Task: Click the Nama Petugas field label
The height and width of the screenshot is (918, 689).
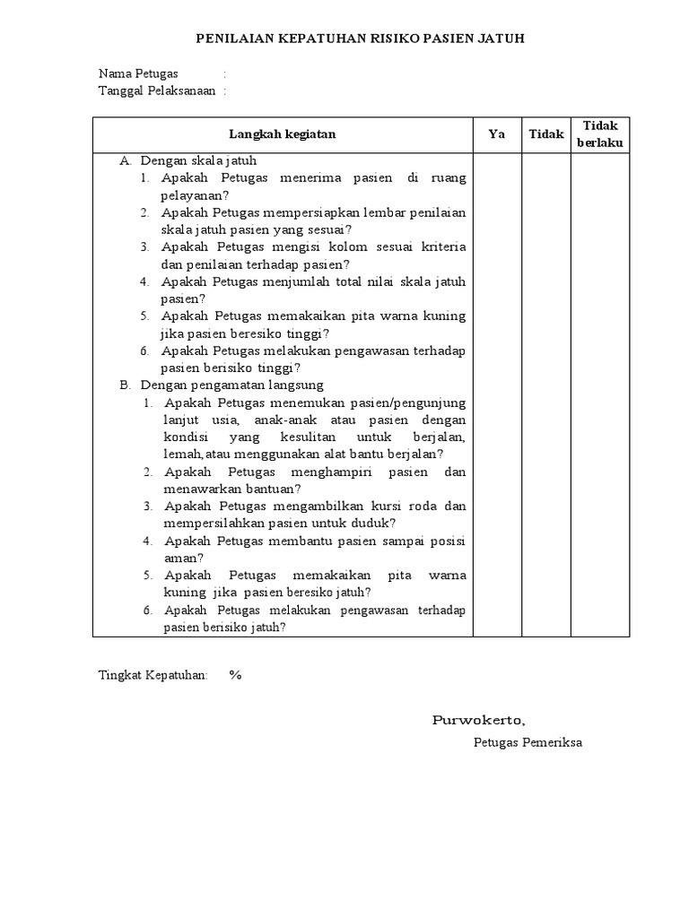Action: pos(138,74)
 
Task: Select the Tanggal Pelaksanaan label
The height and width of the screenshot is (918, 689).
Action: pos(156,91)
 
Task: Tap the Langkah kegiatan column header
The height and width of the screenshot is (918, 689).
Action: pos(282,134)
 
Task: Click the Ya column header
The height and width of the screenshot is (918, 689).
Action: pos(497,134)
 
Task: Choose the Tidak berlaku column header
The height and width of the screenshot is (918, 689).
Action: pos(600,134)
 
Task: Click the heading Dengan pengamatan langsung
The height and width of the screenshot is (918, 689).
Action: pos(219,385)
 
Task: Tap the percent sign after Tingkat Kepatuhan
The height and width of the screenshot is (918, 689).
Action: pos(235,675)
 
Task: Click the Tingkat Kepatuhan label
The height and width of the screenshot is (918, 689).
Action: pos(153,675)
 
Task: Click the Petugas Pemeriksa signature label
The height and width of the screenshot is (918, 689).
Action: pos(528,742)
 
